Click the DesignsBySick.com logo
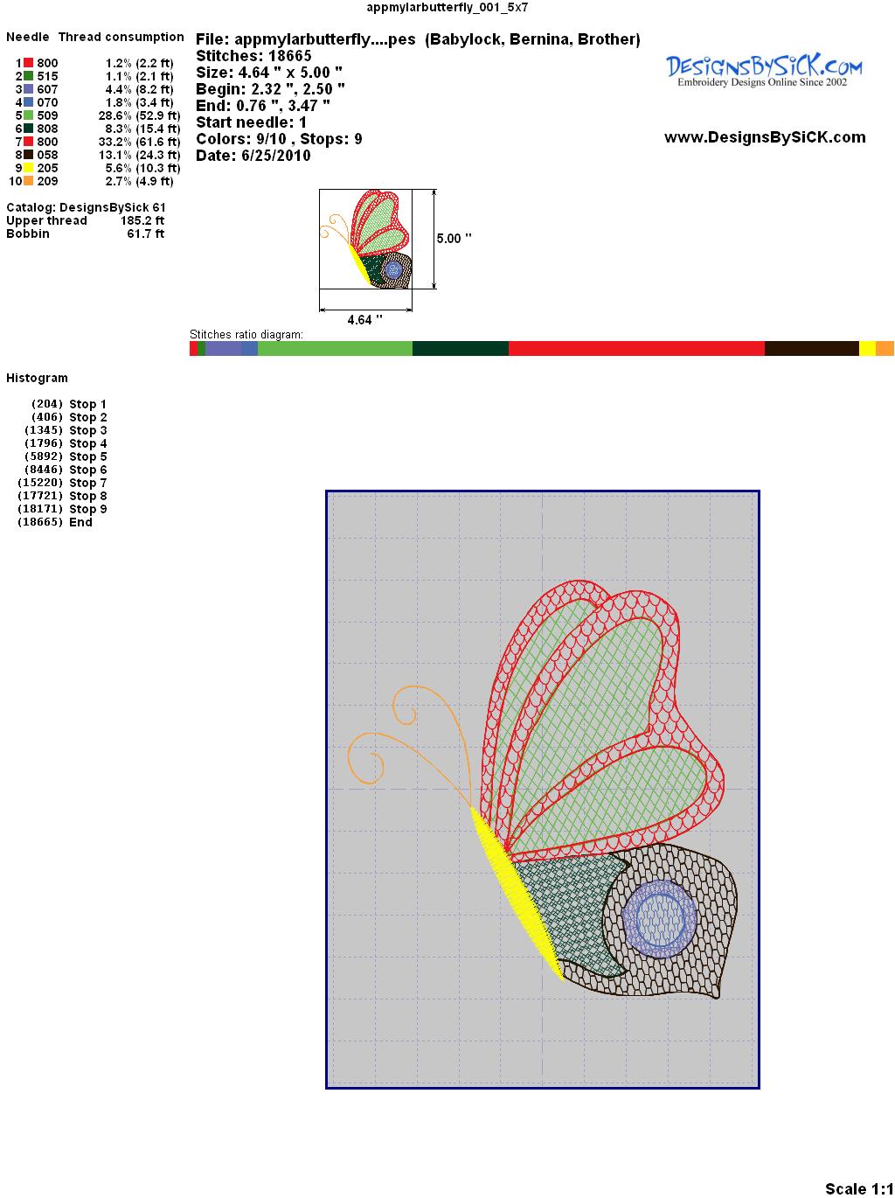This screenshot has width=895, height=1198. (x=764, y=71)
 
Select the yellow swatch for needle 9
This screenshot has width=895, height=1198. (x=28, y=168)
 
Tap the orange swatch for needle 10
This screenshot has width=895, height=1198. (x=28, y=181)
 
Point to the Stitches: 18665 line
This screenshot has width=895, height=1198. (x=253, y=56)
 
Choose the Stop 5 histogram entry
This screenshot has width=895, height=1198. (x=66, y=456)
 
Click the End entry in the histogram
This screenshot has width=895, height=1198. (x=55, y=522)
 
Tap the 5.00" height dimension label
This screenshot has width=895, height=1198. (x=454, y=239)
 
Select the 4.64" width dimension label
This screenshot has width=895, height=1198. (x=364, y=320)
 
